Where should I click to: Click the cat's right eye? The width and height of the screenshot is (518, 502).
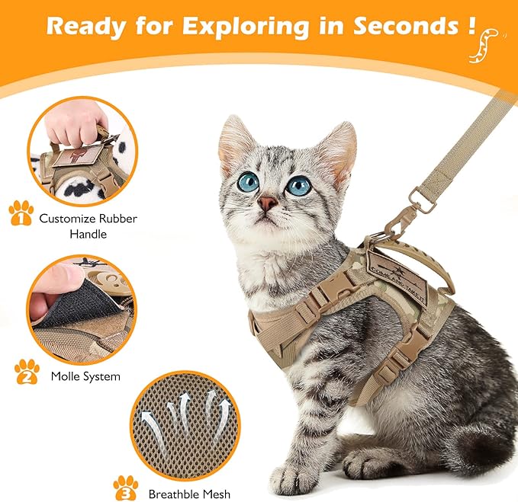(x=298, y=185)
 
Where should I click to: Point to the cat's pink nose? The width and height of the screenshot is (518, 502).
(x=267, y=203)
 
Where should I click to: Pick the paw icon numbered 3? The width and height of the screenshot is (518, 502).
(x=125, y=484)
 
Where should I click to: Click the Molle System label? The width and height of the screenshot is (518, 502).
(x=85, y=376)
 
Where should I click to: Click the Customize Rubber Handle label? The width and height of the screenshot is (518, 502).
(x=79, y=226)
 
